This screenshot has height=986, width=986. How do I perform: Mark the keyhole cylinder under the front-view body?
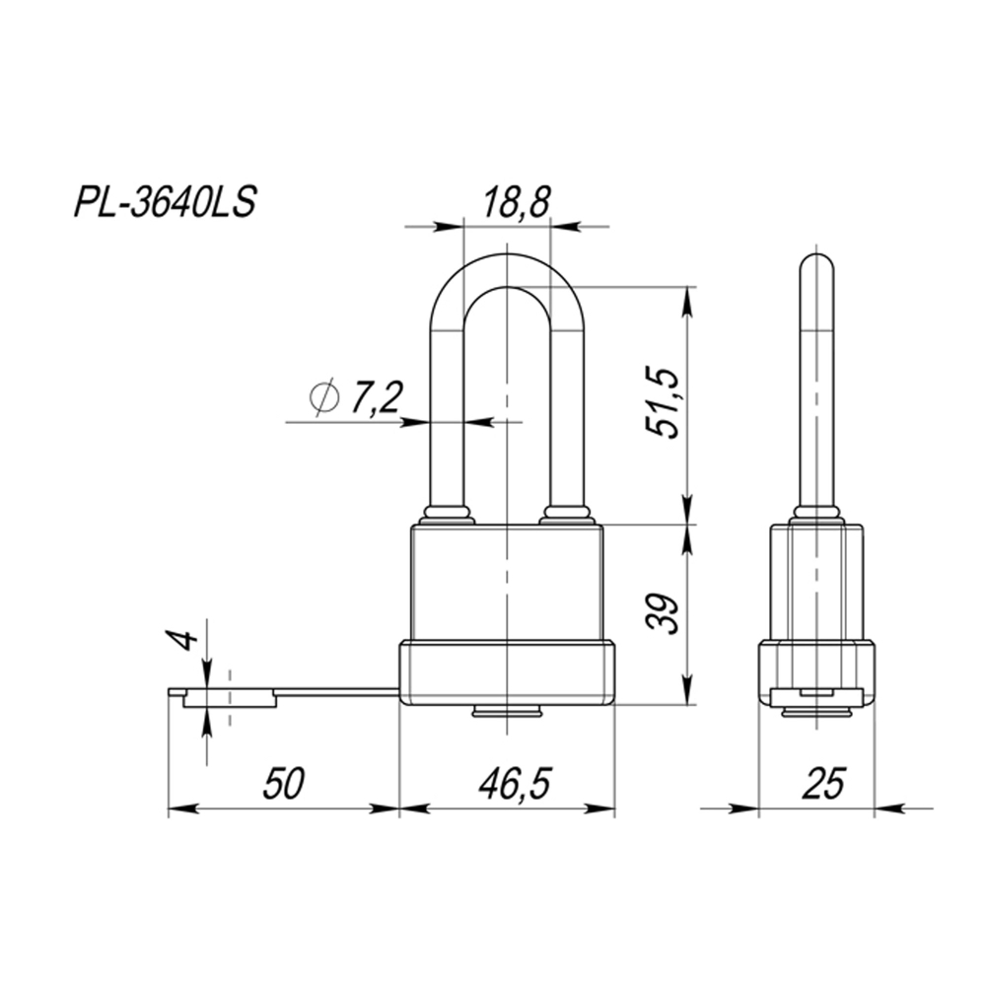click(507, 711)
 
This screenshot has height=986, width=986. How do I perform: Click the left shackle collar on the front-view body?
click(447, 515)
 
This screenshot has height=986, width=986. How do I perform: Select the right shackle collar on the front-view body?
click(566, 515)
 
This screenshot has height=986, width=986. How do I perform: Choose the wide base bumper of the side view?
click(816, 670)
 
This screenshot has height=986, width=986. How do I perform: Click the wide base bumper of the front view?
click(507, 672)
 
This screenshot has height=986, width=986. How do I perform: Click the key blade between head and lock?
click(335, 694)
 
